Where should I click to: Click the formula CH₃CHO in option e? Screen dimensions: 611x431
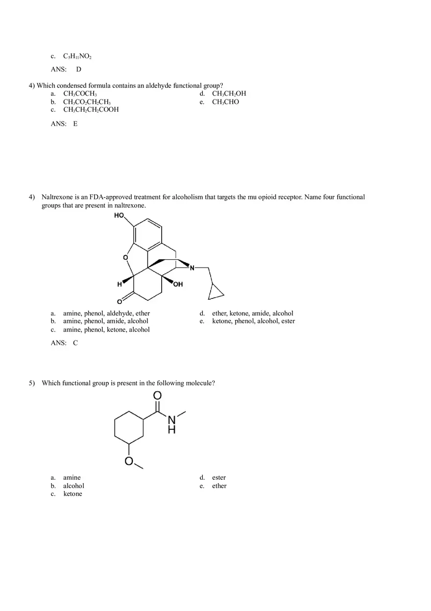click(x=225, y=102)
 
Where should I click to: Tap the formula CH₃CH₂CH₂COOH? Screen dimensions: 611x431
click(x=91, y=110)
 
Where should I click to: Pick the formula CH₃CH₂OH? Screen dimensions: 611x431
click(x=229, y=94)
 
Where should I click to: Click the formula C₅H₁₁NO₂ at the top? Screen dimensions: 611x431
click(x=77, y=56)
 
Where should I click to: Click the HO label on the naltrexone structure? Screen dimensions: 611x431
click(x=119, y=216)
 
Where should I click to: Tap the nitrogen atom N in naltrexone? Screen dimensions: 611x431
click(x=192, y=268)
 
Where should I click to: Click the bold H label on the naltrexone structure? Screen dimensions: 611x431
click(x=119, y=284)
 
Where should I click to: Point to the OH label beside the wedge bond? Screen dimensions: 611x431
click(x=178, y=284)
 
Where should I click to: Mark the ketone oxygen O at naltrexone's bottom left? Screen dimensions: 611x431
click(x=119, y=301)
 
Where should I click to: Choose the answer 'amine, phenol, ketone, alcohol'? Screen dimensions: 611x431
click(x=106, y=330)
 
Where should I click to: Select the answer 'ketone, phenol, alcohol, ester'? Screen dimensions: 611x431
click(x=253, y=321)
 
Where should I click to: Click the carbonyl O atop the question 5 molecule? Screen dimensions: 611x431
click(x=157, y=395)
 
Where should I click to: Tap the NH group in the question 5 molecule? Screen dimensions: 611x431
click(x=171, y=424)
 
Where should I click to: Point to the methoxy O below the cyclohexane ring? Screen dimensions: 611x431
click(x=129, y=461)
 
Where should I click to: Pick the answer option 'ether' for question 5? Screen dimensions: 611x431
click(x=219, y=486)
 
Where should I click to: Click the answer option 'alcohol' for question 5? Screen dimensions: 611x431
click(x=73, y=486)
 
